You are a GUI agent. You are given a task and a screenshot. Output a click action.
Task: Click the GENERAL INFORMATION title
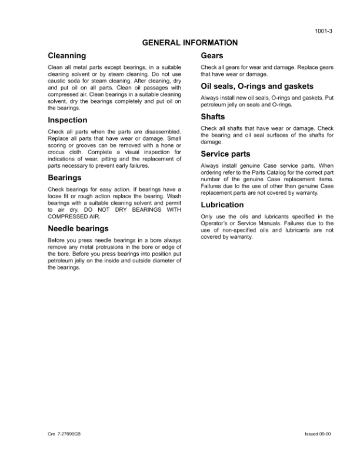coord(189,42)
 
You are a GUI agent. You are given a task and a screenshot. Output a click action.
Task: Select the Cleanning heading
coord(66,56)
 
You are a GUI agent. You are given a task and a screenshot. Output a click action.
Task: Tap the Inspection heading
coord(68,120)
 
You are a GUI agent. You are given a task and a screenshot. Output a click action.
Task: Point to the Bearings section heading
coord(65,177)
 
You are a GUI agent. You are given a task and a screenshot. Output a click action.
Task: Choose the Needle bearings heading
coord(78,228)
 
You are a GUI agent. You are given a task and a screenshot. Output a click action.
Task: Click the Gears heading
coord(212,56)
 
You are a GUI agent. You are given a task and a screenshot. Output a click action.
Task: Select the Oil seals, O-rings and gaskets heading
coord(248,86)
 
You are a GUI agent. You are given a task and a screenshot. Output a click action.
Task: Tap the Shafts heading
coord(214,116)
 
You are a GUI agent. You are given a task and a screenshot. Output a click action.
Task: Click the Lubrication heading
coord(222,205)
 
